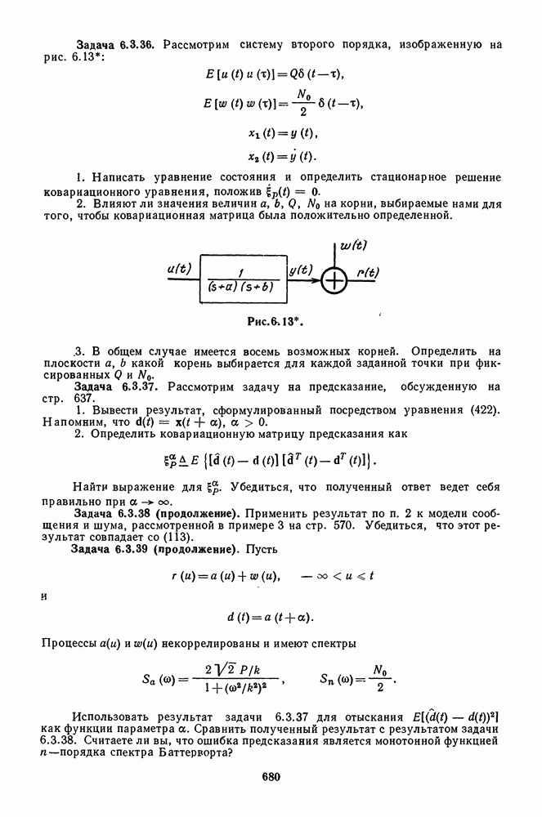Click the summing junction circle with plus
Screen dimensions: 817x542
pyautogui.click(x=334, y=280)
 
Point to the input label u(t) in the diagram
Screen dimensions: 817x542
pyautogui.click(x=179, y=268)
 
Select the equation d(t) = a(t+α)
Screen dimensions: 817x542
pyautogui.click(x=271, y=615)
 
